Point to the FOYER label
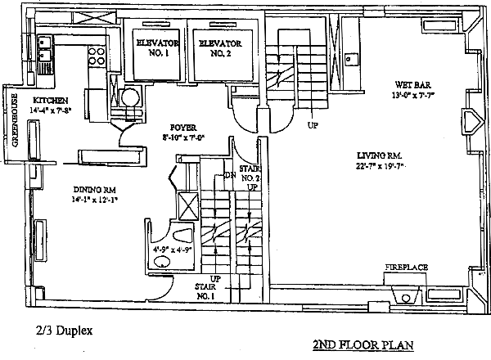[182, 128]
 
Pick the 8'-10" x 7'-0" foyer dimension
[182, 137]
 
